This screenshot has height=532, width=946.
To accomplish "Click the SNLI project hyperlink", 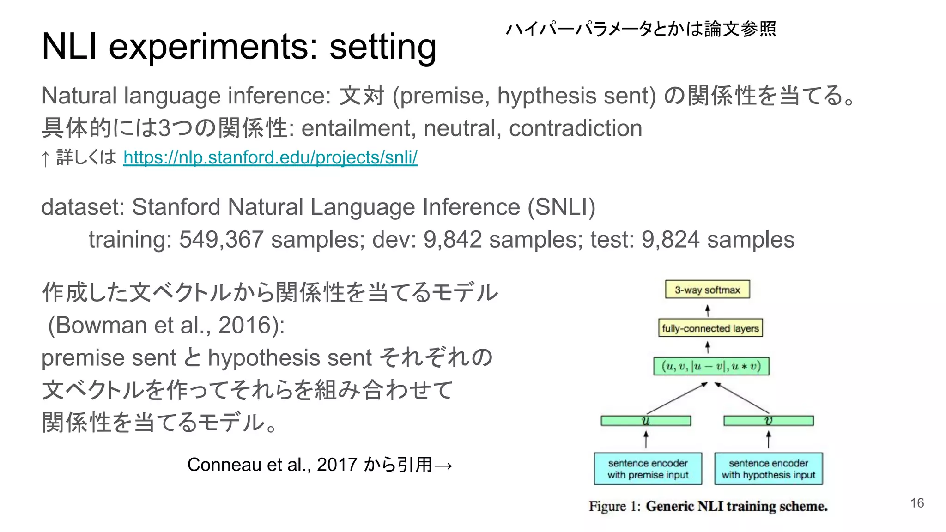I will pos(270,157).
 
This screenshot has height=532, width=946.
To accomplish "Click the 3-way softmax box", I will pos(707,290).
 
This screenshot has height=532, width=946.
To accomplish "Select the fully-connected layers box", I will pos(710,328).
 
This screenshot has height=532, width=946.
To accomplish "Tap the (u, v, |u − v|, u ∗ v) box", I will pos(711,366).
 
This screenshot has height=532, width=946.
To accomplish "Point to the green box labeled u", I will pos(646,421).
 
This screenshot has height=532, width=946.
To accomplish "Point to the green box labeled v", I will pos(769,421).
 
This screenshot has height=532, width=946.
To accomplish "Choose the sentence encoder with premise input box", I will pos(648,469).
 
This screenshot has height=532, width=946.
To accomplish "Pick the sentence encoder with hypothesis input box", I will pos(769,469).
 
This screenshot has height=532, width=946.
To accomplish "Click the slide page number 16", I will pos(917,503).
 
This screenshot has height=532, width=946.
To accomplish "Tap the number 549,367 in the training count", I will pos(221,240).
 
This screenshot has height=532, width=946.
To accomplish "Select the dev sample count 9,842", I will pos(453,240).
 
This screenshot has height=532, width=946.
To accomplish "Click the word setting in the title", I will pos(383,47).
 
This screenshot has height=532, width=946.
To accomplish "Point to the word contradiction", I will pos(576,128).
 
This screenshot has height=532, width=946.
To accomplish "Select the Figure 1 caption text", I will pos(708,506).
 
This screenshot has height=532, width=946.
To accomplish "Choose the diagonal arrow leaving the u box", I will pos(677,398).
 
